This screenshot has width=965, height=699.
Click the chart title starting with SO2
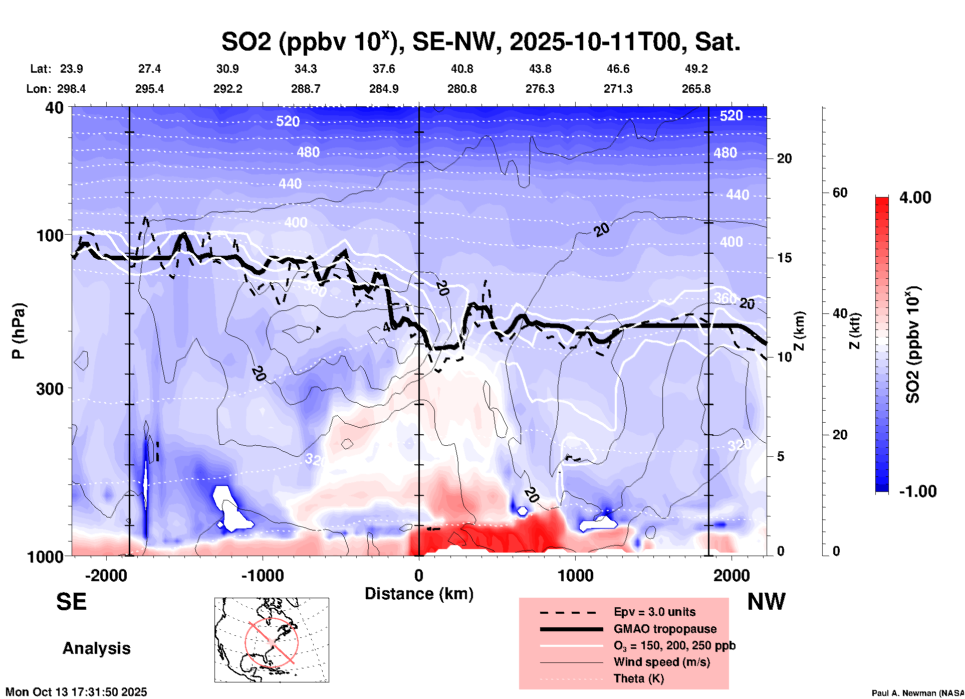pyautogui.click(x=480, y=42)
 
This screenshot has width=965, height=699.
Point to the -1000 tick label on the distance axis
pyautogui.click(x=262, y=576)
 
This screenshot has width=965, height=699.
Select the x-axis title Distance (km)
pyautogui.click(x=419, y=594)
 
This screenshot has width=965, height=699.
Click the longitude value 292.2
pyautogui.click(x=228, y=89)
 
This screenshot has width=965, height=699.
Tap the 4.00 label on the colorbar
pyautogui.click(x=915, y=198)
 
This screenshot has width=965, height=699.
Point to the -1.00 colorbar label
pyautogui.click(x=917, y=491)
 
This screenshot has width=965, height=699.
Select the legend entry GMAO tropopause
pyautogui.click(x=665, y=629)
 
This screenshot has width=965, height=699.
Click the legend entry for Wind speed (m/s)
pyautogui.click(x=661, y=662)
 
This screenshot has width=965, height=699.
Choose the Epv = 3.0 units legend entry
pyautogui.click(x=654, y=612)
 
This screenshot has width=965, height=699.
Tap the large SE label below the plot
pyautogui.click(x=71, y=602)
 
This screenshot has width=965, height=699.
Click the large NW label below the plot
pyautogui.click(x=766, y=602)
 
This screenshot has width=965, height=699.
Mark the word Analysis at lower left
pyautogui.click(x=96, y=648)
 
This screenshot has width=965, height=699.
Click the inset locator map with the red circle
pyautogui.click(x=272, y=640)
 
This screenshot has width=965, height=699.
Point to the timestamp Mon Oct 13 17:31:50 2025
pyautogui.click(x=76, y=692)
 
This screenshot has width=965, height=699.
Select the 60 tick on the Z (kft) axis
pyautogui.click(x=840, y=193)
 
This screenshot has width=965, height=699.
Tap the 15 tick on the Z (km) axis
pyautogui.click(x=784, y=258)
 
